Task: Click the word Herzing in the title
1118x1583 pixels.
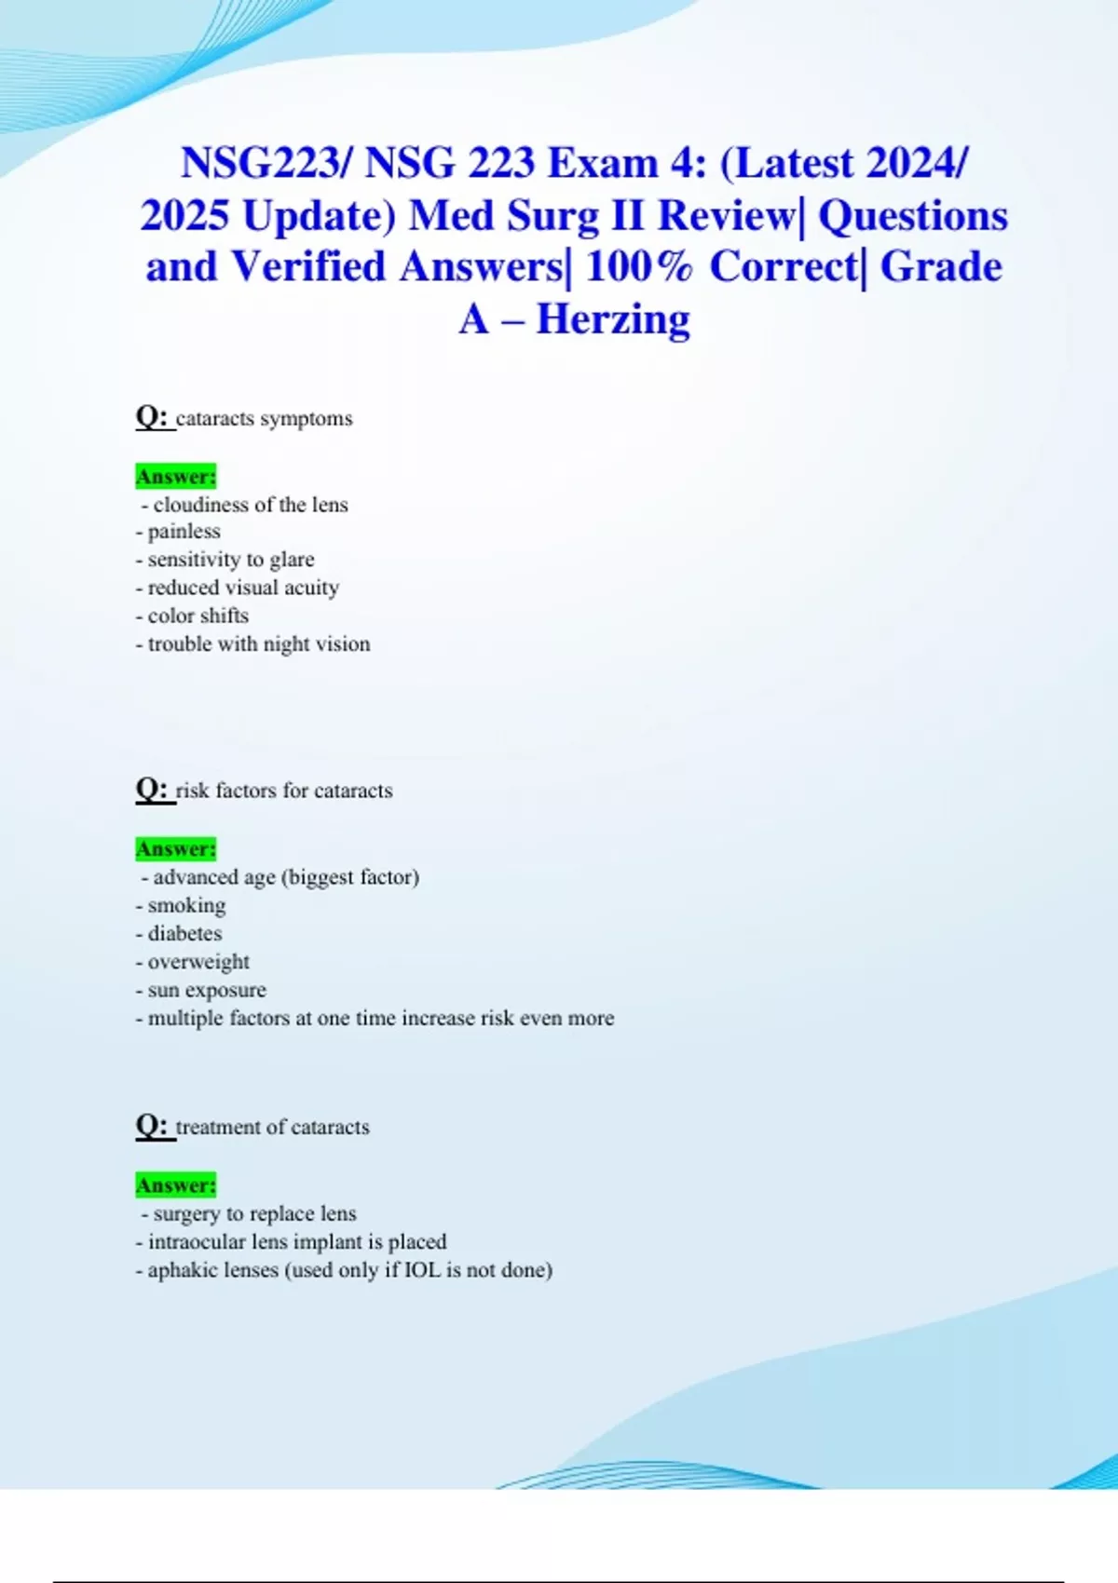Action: [613, 319]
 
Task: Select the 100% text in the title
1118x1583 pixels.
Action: [639, 267]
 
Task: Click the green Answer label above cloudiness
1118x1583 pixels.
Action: [175, 477]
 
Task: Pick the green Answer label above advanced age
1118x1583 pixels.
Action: [175, 849]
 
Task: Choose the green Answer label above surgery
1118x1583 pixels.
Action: [175, 1185]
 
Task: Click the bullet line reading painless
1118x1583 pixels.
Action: [178, 532]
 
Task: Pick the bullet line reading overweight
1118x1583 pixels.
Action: [193, 962]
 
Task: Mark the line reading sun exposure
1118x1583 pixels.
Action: [201, 990]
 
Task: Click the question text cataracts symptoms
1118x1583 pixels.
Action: [264, 419]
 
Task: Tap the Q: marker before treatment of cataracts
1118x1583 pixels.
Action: [152, 1126]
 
